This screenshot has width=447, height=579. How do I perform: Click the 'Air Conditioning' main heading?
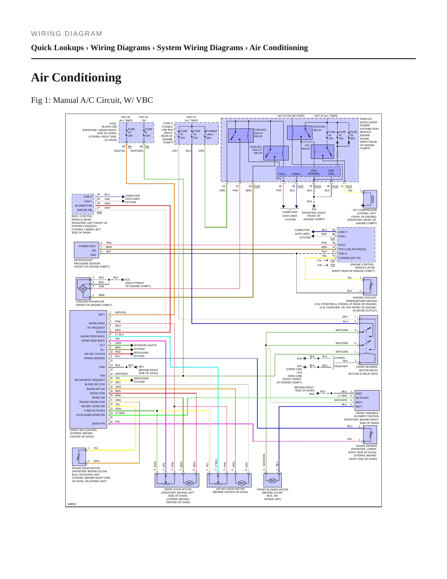point(76,77)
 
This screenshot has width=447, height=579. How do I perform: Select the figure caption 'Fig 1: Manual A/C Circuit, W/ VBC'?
point(92,100)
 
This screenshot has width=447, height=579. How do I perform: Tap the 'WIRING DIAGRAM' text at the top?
point(67,34)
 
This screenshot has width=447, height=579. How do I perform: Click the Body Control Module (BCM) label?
point(81,218)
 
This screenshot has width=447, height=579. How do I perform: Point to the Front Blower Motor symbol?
point(273,480)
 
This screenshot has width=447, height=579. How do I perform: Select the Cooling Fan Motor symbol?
point(83,288)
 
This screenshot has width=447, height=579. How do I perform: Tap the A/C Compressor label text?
point(365,210)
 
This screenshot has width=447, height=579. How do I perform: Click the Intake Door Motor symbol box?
point(79,456)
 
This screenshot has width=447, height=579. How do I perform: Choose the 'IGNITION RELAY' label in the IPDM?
point(319,128)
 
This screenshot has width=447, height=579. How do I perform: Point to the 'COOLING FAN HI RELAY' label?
point(260,133)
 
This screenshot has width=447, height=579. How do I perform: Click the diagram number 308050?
point(72,504)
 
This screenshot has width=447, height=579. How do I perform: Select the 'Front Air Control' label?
point(84,430)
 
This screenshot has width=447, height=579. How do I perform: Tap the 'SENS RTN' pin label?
point(98,424)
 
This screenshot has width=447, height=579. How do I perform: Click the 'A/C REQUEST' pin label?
point(96,328)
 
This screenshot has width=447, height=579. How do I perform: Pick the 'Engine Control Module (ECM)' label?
point(363,266)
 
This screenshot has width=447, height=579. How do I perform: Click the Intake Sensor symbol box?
point(370,435)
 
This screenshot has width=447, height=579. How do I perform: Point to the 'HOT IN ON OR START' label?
point(291,116)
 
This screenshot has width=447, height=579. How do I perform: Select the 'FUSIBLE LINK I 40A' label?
point(212,134)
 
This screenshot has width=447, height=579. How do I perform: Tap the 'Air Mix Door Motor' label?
point(230,489)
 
